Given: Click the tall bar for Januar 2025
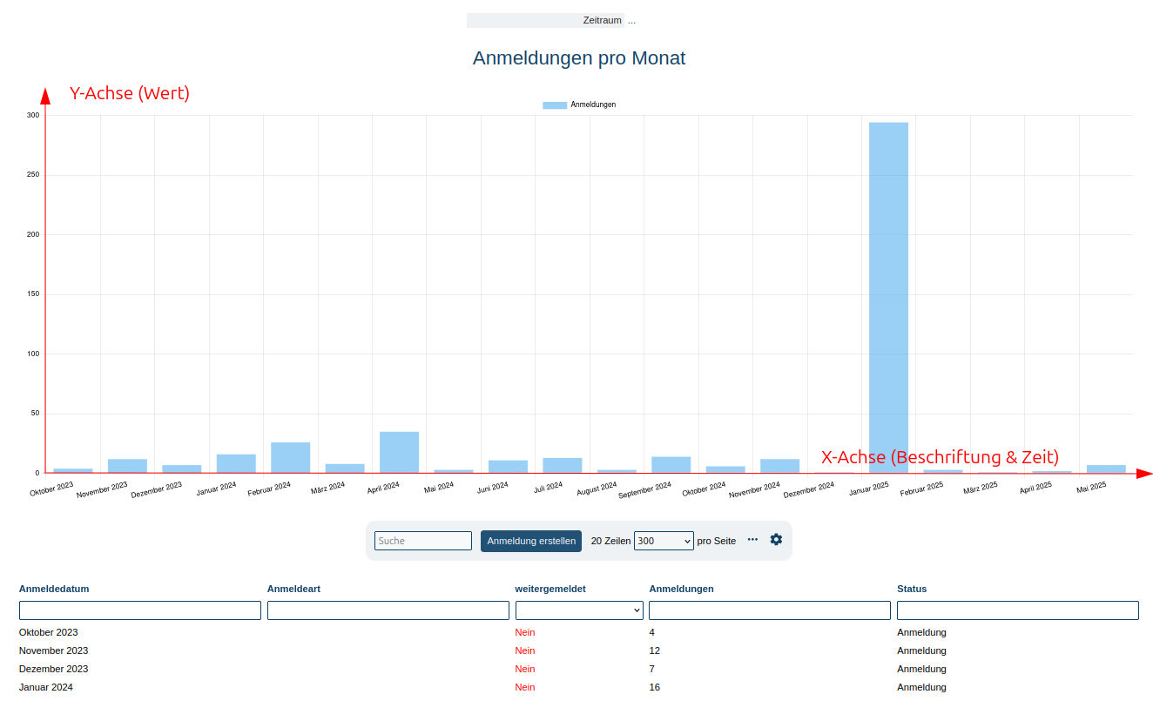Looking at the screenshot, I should pyautogui.click(x=888, y=296).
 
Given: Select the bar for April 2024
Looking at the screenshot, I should pyautogui.click(x=399, y=452).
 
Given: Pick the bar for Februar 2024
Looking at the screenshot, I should pyautogui.click(x=290, y=457).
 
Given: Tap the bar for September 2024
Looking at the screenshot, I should pyautogui.click(x=671, y=464).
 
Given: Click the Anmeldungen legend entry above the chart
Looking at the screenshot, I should pyautogui.click(x=579, y=104).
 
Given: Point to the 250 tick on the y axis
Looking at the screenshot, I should pyautogui.click(x=33, y=175).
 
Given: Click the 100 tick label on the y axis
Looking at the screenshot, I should pyautogui.click(x=33, y=354).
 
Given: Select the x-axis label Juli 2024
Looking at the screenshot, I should pyautogui.click(x=549, y=487).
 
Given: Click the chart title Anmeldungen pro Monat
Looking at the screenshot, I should pyautogui.click(x=578, y=58).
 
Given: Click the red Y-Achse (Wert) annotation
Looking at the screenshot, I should pyautogui.click(x=129, y=93).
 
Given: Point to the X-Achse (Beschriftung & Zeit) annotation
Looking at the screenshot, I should pyautogui.click(x=940, y=456).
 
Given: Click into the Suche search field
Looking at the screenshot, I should pyautogui.click(x=422, y=541).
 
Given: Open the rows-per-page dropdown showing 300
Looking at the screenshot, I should pyautogui.click(x=664, y=541).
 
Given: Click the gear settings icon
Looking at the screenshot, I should pyautogui.click(x=776, y=540).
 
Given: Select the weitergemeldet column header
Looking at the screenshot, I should pyautogui.click(x=550, y=589).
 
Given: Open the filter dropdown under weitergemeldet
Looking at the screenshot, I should pyautogui.click(x=579, y=610).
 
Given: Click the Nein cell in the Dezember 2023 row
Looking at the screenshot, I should pyautogui.click(x=525, y=669).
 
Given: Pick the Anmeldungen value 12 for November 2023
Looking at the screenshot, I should pyautogui.click(x=655, y=650).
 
